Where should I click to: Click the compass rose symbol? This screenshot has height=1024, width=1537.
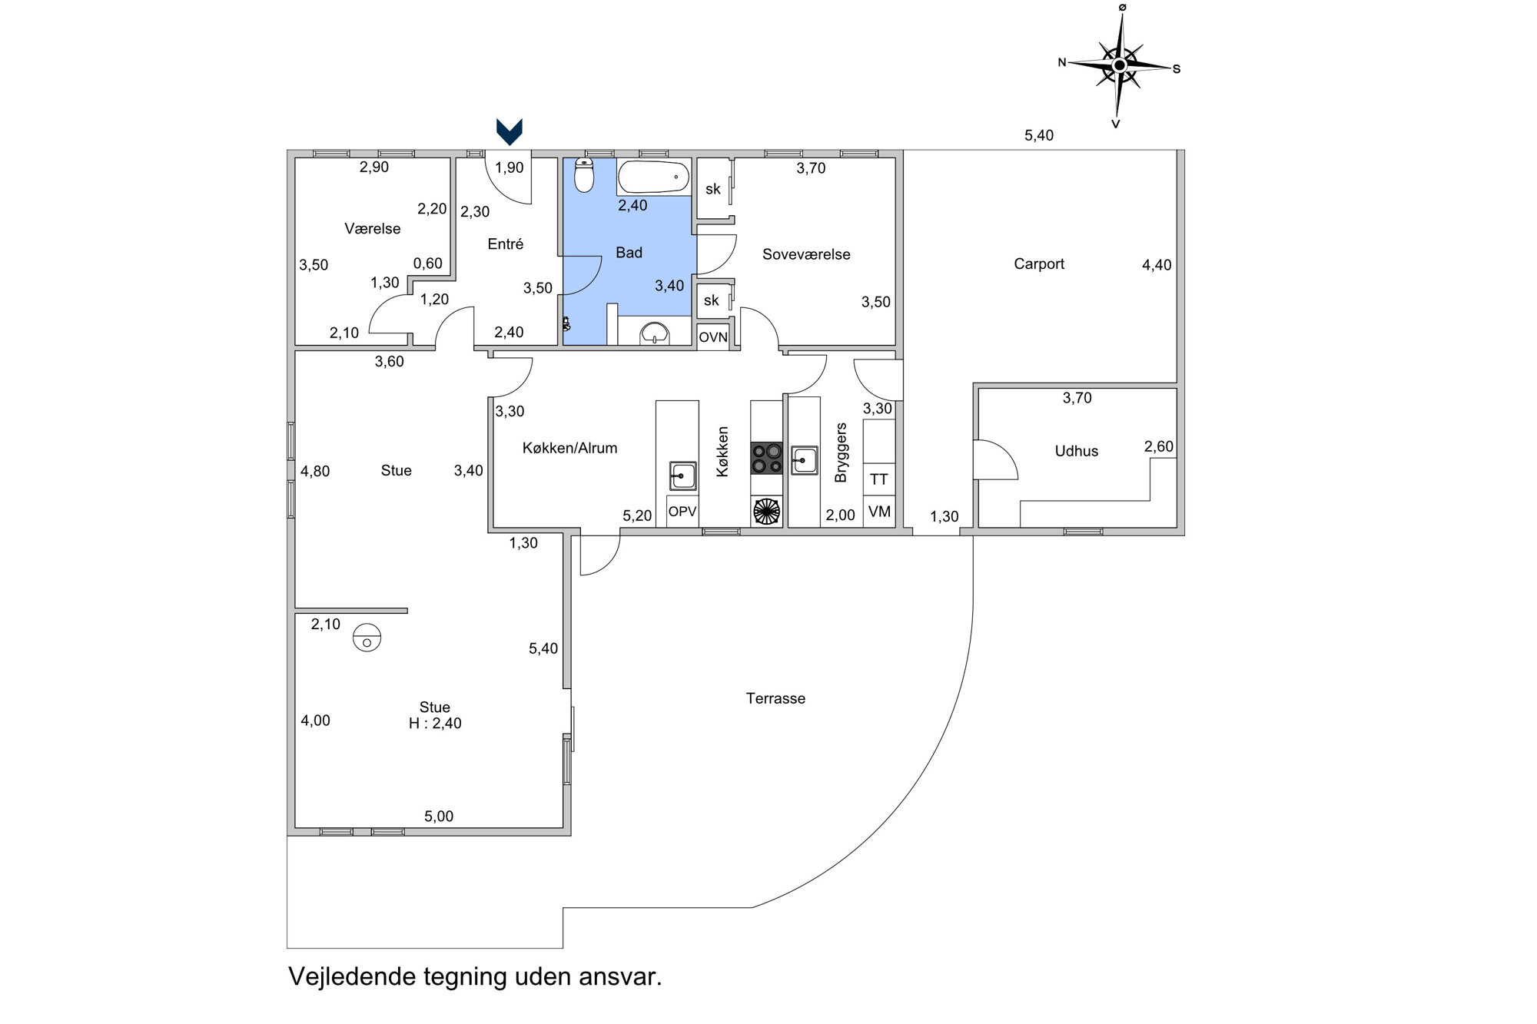point(1120,66)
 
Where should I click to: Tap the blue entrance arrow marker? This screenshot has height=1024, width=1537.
point(510,131)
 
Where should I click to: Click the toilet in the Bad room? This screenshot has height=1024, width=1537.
point(585,175)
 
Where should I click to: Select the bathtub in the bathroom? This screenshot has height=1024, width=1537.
point(653,177)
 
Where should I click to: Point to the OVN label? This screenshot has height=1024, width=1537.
point(712,337)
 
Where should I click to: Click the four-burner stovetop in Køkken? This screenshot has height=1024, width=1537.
point(766,458)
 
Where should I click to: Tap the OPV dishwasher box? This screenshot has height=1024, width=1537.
point(682,512)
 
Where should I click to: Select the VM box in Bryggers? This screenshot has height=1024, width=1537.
point(879,511)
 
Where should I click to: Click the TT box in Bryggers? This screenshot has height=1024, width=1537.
point(879,479)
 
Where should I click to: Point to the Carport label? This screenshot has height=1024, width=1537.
point(1039,264)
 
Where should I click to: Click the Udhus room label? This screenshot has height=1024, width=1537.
point(1076,451)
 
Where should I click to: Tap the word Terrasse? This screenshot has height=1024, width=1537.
point(775,698)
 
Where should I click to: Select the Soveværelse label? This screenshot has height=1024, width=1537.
point(806,254)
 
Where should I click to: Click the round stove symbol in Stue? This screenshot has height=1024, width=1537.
point(367,637)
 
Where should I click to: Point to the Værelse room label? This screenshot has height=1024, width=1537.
point(373,228)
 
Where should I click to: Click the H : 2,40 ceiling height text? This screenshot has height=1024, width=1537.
point(435,723)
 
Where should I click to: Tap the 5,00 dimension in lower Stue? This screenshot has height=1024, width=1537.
point(439,817)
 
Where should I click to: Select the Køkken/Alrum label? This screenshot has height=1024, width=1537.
point(569,448)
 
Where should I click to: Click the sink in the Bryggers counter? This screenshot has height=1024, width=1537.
point(804,460)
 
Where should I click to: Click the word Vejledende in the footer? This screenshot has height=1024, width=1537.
point(352,976)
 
